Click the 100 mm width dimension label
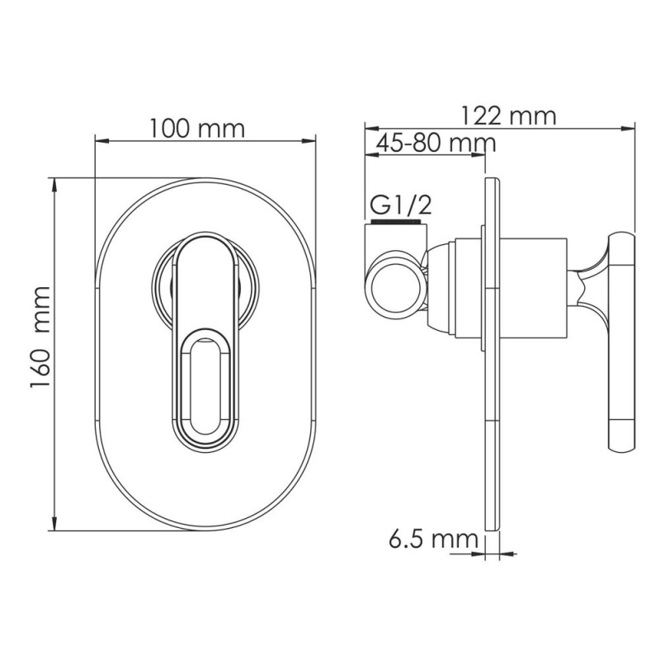197,128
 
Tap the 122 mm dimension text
508,115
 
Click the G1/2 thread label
401,204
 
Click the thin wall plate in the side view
492,355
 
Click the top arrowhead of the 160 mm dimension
55,184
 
